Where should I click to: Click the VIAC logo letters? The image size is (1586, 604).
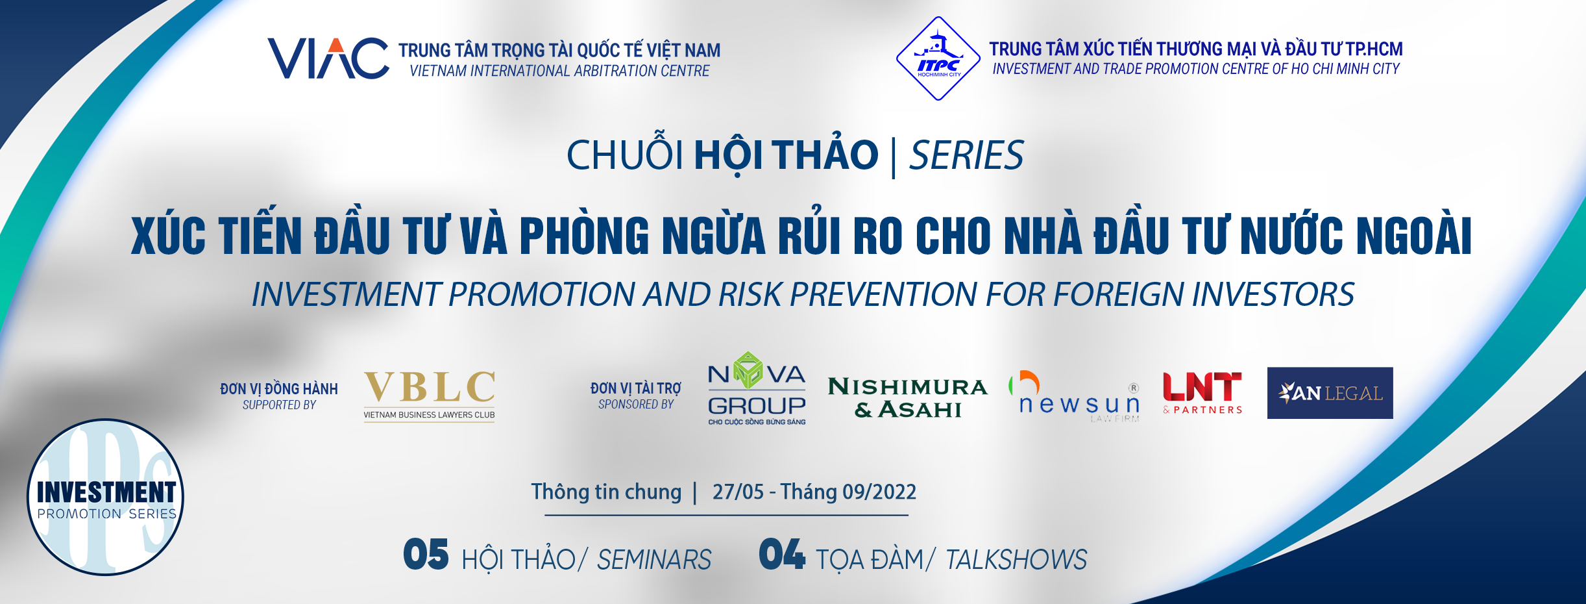click(328, 58)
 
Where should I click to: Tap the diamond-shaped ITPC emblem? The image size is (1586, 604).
click(938, 58)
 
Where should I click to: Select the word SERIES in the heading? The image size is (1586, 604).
click(966, 156)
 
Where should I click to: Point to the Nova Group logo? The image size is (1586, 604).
click(757, 388)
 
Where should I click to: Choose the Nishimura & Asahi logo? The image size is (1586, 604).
click(907, 397)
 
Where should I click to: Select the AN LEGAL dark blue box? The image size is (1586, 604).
click(1330, 393)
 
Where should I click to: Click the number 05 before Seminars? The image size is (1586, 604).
click(426, 555)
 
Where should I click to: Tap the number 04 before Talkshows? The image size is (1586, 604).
click(782, 555)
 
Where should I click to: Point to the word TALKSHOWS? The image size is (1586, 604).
click(1016, 560)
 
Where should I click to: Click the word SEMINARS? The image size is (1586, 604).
click(654, 560)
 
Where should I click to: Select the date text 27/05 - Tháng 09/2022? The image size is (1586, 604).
click(814, 492)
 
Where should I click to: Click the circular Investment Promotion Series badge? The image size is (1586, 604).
click(105, 497)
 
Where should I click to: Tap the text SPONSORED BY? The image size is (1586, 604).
click(636, 405)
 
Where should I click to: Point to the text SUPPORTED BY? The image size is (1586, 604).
click(279, 405)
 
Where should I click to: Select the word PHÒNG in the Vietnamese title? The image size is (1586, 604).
click(584, 234)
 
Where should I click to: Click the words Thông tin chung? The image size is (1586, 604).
click(607, 492)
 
